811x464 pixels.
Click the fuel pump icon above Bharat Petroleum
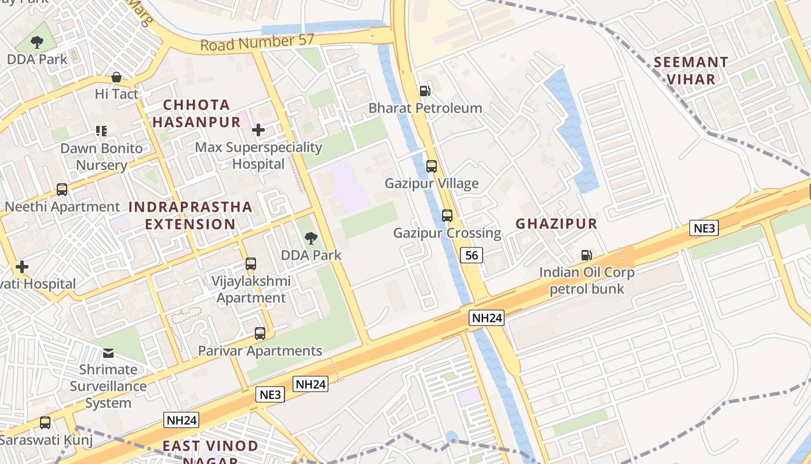[425, 90]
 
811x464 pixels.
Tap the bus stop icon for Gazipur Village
[431, 166]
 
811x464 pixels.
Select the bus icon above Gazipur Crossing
[447, 216]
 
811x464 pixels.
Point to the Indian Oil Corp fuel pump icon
[586, 255]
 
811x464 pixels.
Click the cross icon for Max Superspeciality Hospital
[258, 130]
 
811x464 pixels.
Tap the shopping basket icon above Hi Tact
[116, 77]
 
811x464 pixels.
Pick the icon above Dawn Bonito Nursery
[101, 131]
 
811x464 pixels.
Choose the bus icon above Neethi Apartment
[61, 189]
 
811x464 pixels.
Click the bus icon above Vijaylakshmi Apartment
[250, 263]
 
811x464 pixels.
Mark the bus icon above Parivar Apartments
[260, 333]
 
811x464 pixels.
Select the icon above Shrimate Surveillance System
[108, 353]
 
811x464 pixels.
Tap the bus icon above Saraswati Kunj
[45, 423]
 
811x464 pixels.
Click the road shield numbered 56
[472, 255]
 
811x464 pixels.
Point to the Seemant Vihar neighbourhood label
[691, 70]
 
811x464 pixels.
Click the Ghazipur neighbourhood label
[556, 223]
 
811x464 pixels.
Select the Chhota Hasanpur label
[196, 113]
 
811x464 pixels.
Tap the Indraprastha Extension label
[190, 215]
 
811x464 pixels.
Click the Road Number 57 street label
[257, 42]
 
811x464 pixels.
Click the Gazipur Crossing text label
[447, 233]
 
